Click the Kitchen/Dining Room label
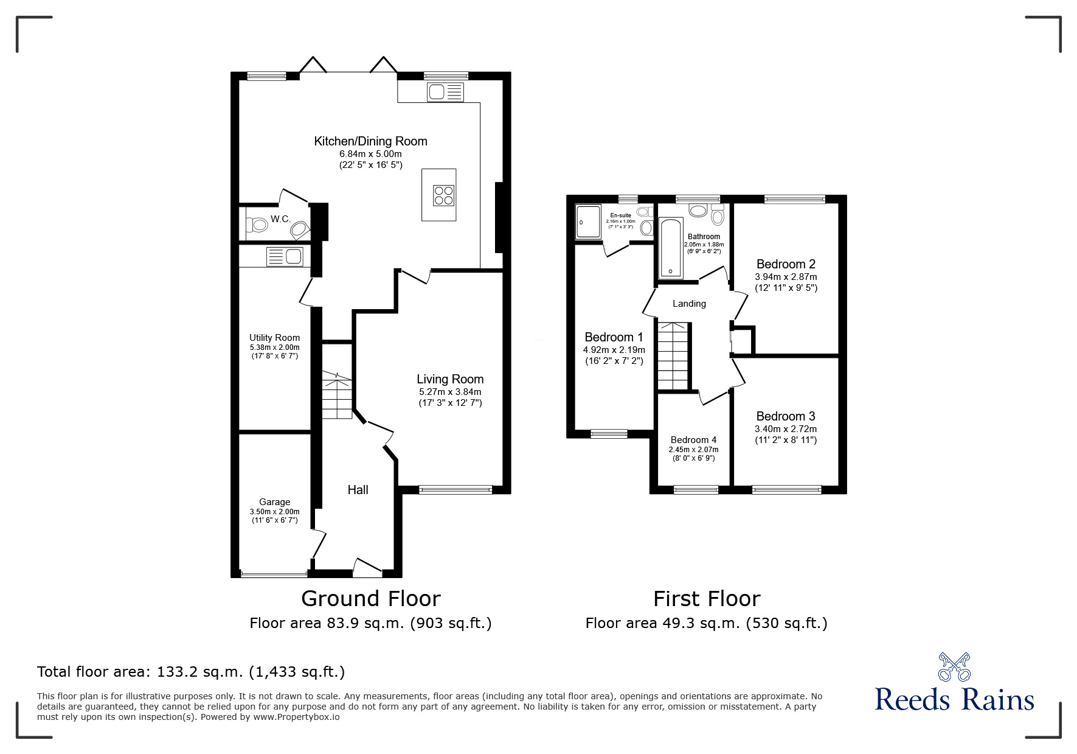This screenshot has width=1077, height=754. tap(370, 141)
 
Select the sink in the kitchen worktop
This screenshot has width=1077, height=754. tap(445, 93)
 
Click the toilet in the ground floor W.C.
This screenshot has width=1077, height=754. tap(257, 225)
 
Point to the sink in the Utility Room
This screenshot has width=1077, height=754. tap(284, 257)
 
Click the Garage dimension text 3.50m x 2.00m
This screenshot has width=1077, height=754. tap(274, 512)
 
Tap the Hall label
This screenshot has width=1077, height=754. tap(358, 490)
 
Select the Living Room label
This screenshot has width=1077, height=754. tap(450, 379)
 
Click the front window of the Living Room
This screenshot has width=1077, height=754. tap(455, 489)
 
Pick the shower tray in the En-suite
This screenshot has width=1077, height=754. tap(588, 221)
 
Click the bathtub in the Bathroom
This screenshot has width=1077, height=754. tap(670, 248)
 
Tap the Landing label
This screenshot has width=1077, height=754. tap(689, 304)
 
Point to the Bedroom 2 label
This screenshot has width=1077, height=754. tap(786, 264)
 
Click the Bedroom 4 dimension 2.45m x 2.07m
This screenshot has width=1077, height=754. tap(693, 450)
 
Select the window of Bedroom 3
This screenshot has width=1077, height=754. tap(786, 489)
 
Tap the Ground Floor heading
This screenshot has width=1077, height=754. tap(370, 599)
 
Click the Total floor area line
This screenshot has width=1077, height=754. tap(191, 672)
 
